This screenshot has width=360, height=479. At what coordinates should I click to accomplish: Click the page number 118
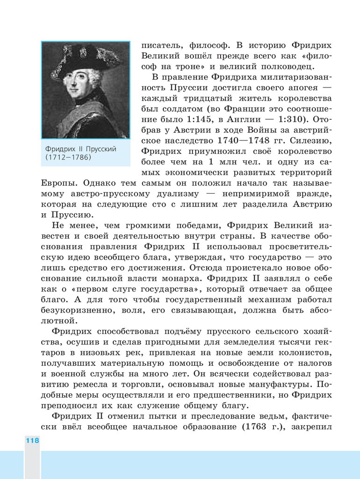[32, 440]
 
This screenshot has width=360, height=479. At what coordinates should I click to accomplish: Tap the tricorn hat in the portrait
[84, 58]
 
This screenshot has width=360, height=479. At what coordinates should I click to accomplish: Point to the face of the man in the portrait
[77, 84]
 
